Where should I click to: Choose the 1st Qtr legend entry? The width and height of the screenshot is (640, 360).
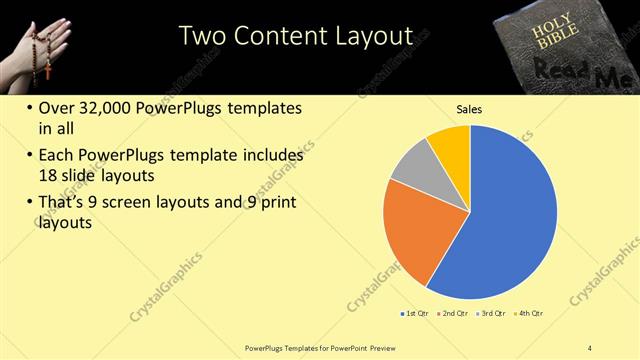[414, 313]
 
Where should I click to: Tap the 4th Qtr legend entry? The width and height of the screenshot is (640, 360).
[529, 313]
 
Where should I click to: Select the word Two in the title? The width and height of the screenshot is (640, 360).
[202, 36]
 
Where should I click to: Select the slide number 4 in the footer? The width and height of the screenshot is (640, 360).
[590, 347]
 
